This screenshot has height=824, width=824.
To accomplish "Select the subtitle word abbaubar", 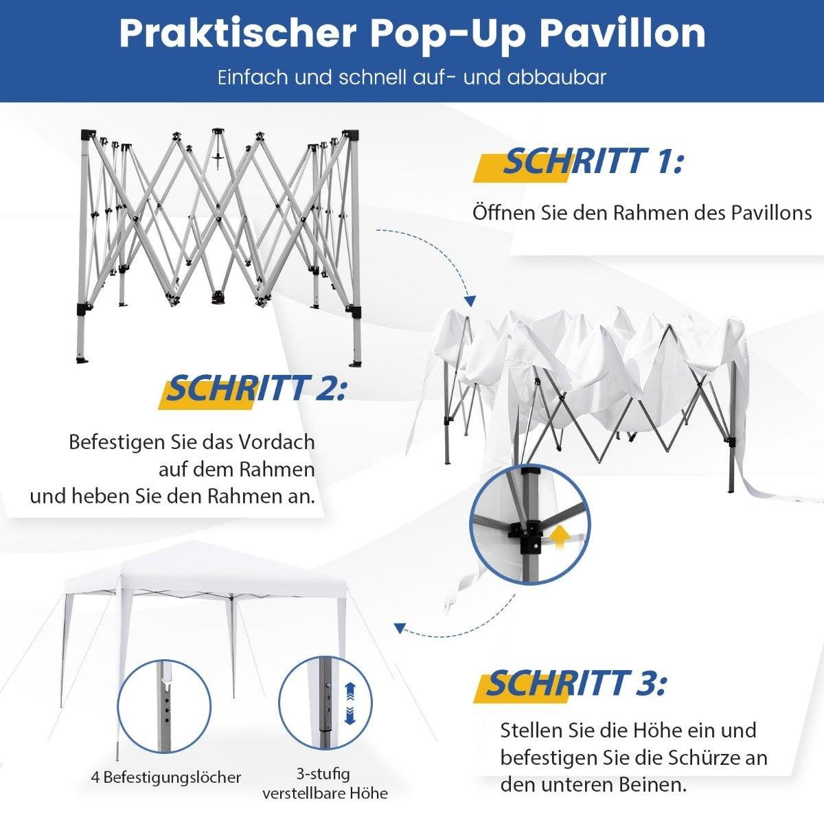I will point(557,76).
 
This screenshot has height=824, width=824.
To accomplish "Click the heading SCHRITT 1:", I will point(593,162).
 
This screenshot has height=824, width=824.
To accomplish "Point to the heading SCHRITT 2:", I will point(256,389).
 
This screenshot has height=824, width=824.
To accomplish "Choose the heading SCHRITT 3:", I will point(577,683).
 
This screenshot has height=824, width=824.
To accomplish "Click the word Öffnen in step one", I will point(503,212).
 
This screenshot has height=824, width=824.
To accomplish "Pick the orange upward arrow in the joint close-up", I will point(561,536).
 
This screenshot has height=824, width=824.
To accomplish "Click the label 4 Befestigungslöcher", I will point(166,777).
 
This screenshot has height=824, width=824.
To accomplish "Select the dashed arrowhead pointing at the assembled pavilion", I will point(399,626).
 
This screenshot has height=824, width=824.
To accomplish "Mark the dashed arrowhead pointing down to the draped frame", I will point(470,301).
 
